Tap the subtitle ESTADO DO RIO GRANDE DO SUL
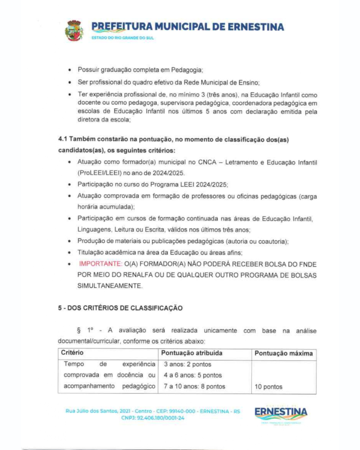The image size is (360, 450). pyautogui.click(x=123, y=38)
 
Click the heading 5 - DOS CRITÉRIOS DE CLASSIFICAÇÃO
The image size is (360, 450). pyautogui.click(x=120, y=309)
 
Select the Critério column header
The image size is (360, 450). pyautogui.click(x=72, y=353)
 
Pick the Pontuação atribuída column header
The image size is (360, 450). pyautogui.click(x=192, y=353)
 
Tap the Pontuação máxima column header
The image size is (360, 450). pyautogui.click(x=283, y=353)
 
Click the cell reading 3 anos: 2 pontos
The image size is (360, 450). pyautogui.click(x=187, y=364)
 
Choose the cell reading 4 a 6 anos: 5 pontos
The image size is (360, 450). pyautogui.click(x=193, y=375)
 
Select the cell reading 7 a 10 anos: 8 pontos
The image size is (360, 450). pyautogui.click(x=195, y=387)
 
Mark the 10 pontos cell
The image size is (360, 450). pyautogui.click(x=268, y=387)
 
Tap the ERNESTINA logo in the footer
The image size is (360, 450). pyautogui.click(x=281, y=412)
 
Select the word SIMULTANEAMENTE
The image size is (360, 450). pyautogui.click(x=110, y=286)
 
